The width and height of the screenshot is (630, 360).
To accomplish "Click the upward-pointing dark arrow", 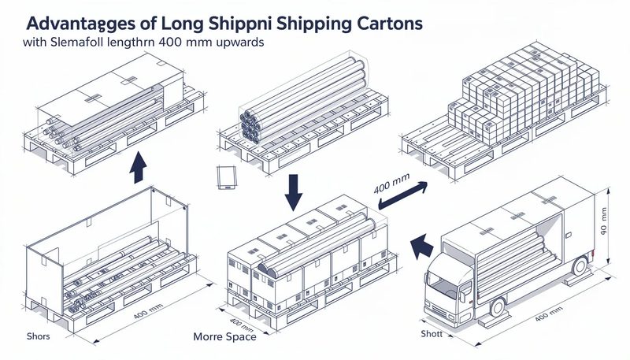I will [139, 167].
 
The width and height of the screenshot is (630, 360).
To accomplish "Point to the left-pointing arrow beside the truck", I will [424, 245].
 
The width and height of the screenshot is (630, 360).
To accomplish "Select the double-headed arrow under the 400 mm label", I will [402, 195].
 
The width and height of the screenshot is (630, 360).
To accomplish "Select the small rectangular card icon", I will [225, 177].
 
